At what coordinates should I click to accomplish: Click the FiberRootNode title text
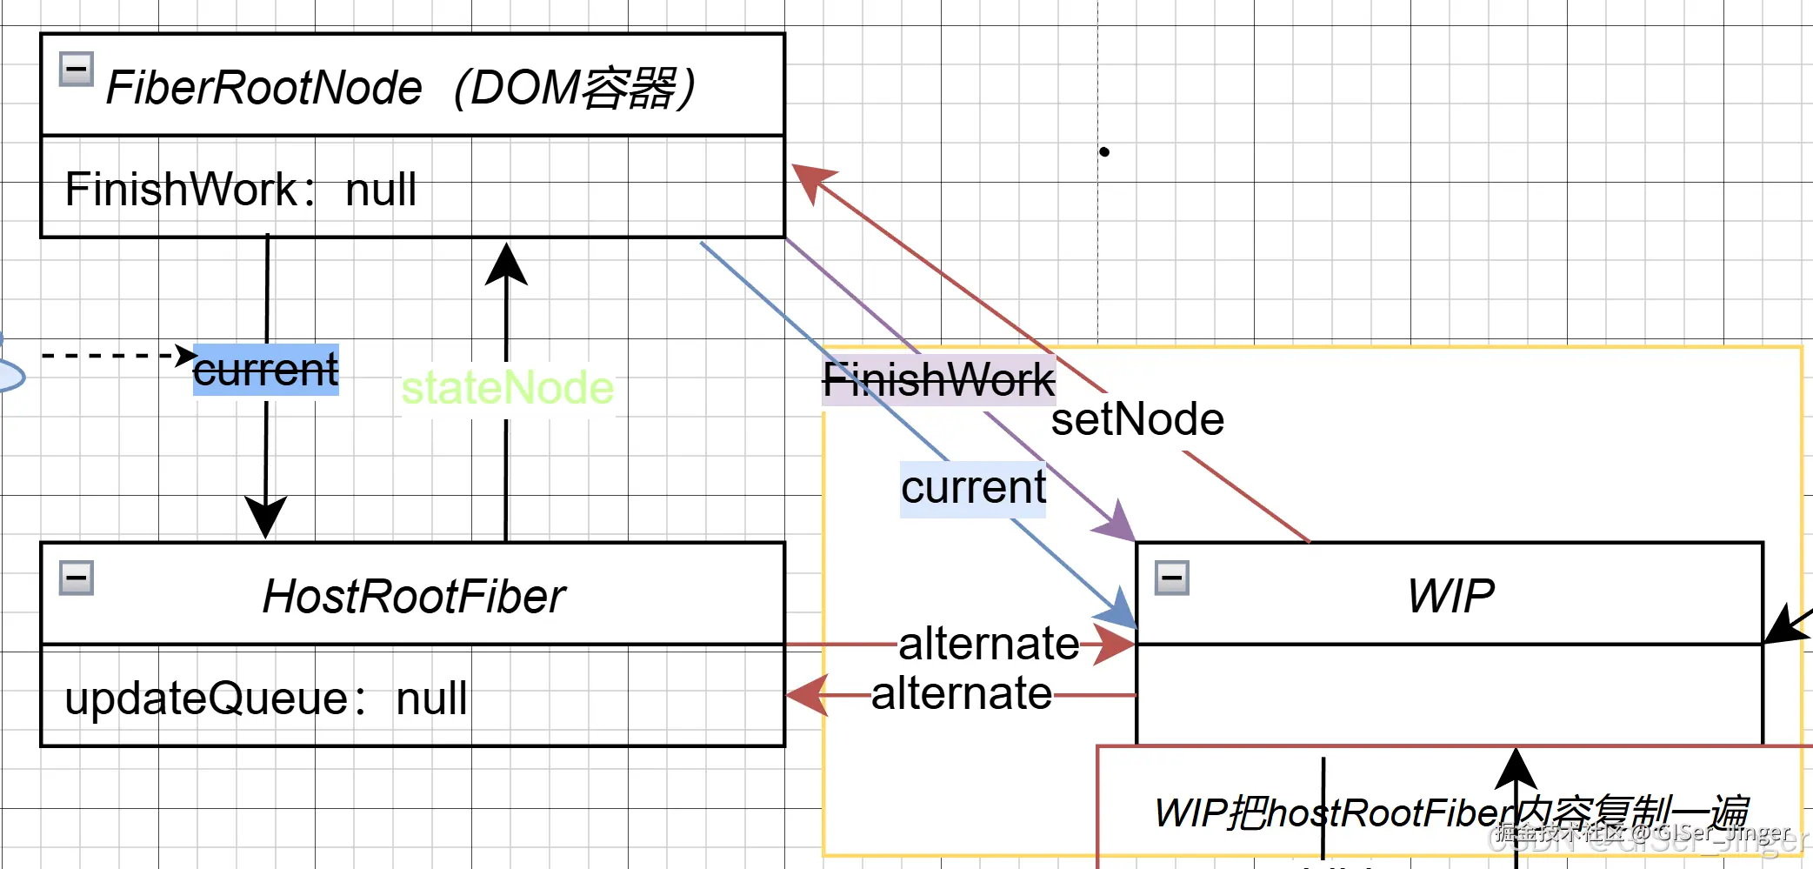tap(400, 88)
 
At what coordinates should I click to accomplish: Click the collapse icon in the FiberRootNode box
tap(77, 69)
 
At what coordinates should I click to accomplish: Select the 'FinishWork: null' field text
tap(241, 189)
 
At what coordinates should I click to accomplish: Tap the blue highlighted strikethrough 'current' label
tap(265, 370)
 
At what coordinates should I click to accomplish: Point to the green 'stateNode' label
tap(507, 387)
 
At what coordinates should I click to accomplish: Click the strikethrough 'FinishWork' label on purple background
tap(938, 380)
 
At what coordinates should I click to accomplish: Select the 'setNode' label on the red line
tap(1137, 419)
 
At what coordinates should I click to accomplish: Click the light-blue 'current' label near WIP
tap(973, 487)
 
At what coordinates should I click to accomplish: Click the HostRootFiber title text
tap(413, 597)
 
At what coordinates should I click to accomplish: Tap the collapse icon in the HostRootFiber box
tap(77, 578)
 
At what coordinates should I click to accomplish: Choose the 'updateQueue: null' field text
tap(266, 698)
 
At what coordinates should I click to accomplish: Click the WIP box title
tap(1450, 597)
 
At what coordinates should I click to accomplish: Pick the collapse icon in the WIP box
tap(1171, 578)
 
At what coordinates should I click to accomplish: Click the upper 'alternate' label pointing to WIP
tap(989, 644)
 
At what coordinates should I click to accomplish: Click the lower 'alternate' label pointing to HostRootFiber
tap(962, 694)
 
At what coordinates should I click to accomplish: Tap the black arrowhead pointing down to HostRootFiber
tap(265, 517)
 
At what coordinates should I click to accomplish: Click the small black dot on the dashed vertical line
tap(1104, 152)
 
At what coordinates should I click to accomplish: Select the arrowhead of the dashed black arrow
tap(185, 355)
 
